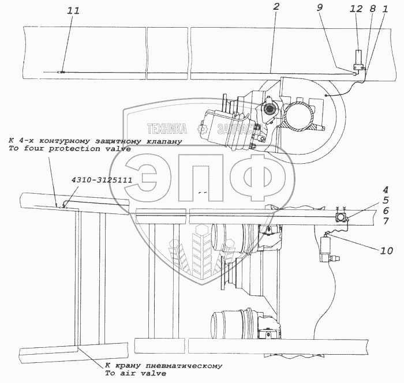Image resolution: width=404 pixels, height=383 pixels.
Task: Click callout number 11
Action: (73, 11)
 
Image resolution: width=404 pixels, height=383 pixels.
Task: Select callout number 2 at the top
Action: (276, 7)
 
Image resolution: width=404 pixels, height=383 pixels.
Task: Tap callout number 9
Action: (319, 7)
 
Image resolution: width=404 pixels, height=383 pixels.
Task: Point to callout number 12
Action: (356, 9)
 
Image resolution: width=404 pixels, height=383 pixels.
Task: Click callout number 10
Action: (387, 250)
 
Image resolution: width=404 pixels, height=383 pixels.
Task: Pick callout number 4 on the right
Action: (386, 190)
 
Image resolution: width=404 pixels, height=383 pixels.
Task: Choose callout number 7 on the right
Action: (386, 221)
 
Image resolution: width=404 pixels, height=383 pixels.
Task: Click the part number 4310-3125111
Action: (102, 180)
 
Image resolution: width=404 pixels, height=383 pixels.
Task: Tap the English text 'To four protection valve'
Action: (70, 149)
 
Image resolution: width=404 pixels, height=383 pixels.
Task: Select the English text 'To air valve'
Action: (136, 373)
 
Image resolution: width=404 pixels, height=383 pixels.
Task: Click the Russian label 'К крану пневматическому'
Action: (163, 366)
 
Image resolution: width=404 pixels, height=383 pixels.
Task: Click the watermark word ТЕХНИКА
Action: (167, 129)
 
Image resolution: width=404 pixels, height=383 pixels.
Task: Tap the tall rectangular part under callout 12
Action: (358, 57)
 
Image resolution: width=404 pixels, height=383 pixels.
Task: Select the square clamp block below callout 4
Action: (341, 217)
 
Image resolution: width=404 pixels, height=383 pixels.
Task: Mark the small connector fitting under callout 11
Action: (62, 72)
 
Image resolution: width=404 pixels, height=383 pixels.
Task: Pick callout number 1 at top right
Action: (385, 9)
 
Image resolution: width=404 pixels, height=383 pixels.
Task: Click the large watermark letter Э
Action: (151, 178)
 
